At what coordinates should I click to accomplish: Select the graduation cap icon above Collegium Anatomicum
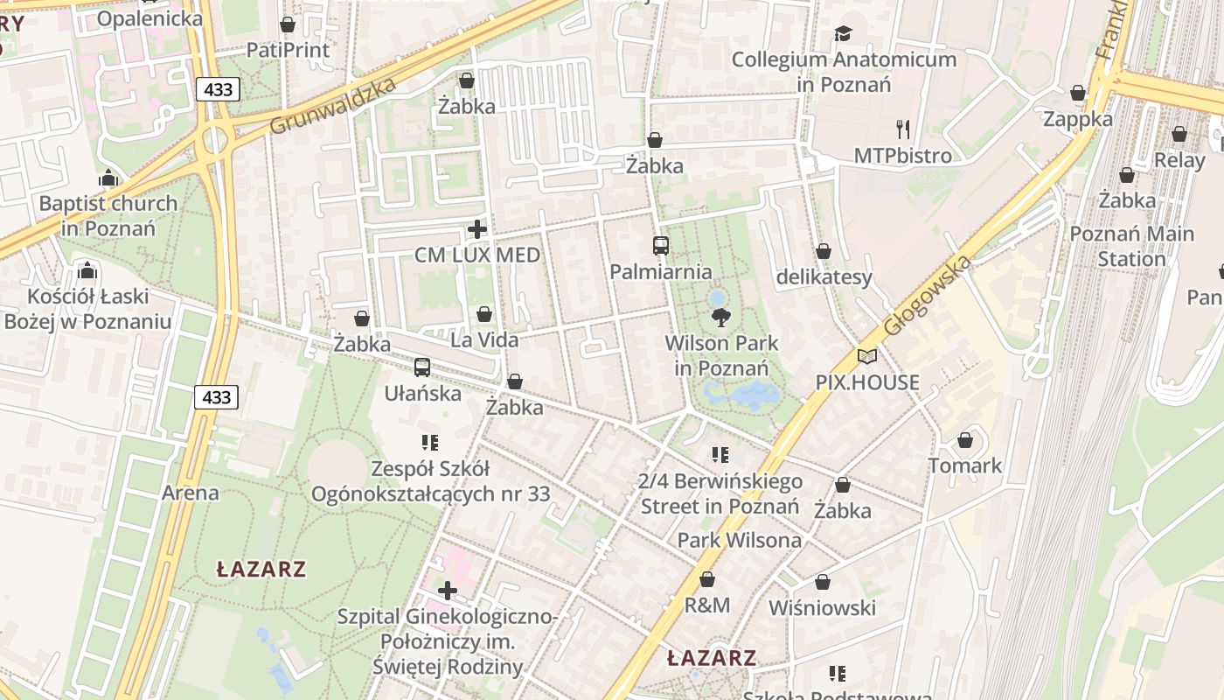843,34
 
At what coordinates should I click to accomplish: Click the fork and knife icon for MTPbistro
903,129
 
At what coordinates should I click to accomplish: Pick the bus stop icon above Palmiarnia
661,246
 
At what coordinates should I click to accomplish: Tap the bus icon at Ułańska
422,367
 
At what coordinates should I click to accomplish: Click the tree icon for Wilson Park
721,317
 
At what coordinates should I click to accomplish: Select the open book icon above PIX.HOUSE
867,357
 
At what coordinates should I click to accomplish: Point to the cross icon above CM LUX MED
477,230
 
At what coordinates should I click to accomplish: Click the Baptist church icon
108,178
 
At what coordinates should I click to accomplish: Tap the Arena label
190,493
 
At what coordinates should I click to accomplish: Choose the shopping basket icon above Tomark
965,440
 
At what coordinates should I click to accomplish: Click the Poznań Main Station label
1131,247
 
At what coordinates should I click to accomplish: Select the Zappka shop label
1078,119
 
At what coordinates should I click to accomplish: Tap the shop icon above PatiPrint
288,24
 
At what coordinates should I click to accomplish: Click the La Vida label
484,339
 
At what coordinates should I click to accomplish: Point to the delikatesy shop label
824,277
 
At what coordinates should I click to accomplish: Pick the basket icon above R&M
707,579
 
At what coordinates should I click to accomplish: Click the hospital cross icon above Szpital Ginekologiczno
448,591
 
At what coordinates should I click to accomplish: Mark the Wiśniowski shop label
822,607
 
